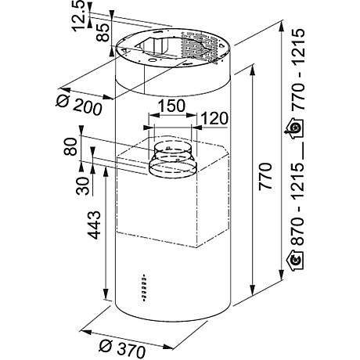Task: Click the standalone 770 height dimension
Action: tap(264, 181)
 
